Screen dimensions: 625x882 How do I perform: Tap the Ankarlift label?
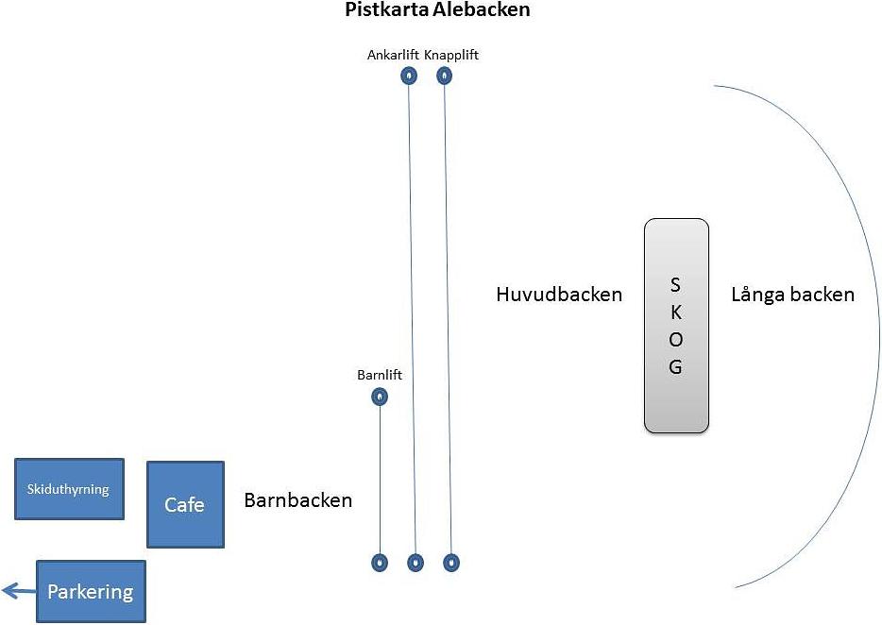393,55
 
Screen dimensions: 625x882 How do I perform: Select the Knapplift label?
451,55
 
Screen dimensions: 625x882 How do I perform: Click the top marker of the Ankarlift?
408,76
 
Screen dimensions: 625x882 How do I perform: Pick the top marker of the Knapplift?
445,76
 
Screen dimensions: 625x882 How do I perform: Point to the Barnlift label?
380,375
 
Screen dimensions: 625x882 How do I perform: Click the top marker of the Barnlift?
380,397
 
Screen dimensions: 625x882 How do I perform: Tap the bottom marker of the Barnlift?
380,563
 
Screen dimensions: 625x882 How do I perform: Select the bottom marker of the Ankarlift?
416,563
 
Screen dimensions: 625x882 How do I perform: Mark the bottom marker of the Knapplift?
451,563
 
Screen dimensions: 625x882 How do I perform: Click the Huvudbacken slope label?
559,295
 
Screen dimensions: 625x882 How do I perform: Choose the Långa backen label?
792,295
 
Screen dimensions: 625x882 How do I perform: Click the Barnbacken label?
297,500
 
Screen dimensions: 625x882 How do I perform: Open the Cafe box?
185,504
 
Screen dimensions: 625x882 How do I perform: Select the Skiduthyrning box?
69,489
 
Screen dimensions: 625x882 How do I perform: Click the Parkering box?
91,592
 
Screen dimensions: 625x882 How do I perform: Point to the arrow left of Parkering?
16,592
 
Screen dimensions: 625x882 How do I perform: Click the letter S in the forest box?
676,284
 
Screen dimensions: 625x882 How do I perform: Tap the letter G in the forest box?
676,367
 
